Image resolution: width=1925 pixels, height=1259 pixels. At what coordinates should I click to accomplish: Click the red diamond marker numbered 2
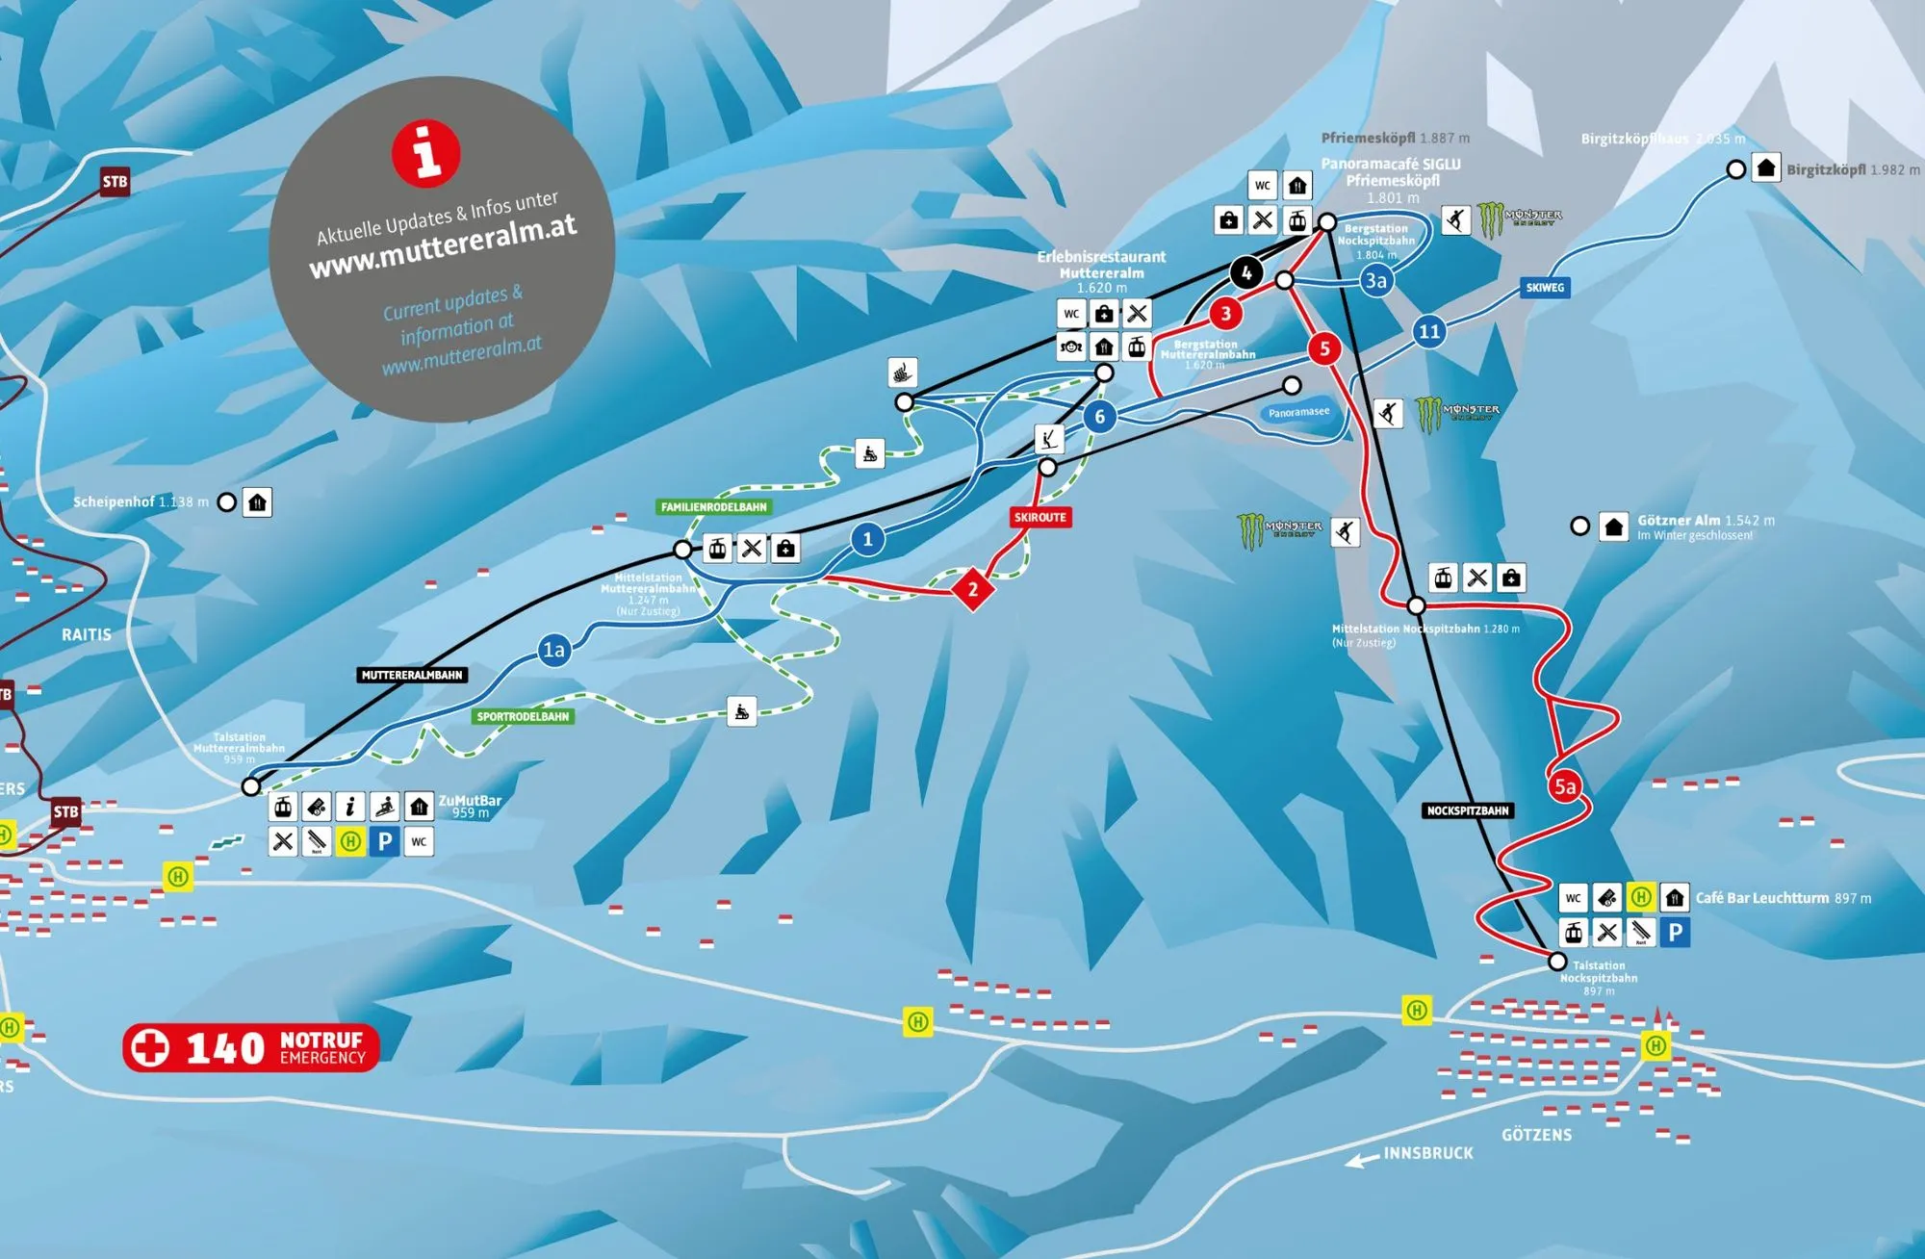(x=973, y=589)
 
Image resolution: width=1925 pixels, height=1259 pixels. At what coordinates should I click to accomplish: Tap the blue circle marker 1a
(x=554, y=650)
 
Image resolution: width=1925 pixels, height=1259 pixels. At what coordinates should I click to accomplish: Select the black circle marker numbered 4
(x=1246, y=272)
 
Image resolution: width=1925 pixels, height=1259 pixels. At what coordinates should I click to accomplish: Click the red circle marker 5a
(x=1565, y=786)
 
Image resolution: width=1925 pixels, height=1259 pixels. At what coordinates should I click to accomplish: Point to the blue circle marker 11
(x=1429, y=332)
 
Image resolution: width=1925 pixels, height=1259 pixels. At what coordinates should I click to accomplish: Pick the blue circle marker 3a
(x=1376, y=280)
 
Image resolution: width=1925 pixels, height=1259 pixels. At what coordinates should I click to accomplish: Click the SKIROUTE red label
(x=1039, y=517)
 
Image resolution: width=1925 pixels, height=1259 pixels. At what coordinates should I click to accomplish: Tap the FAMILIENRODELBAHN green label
(x=713, y=506)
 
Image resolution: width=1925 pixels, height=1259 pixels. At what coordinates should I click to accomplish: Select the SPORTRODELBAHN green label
(x=523, y=716)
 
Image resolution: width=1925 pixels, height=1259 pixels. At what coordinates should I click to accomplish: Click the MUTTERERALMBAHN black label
(x=412, y=675)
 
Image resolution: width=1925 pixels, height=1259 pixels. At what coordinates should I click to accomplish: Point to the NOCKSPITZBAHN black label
(x=1467, y=810)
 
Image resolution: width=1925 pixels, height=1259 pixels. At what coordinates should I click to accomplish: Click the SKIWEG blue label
(x=1545, y=287)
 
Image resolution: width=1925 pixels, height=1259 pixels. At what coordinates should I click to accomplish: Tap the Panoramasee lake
(x=1298, y=412)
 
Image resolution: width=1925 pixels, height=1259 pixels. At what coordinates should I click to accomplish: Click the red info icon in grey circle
(x=425, y=152)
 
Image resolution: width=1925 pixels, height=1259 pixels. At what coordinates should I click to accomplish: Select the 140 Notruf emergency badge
(x=251, y=1047)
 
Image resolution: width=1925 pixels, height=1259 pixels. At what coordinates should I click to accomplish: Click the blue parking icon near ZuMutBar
(x=384, y=841)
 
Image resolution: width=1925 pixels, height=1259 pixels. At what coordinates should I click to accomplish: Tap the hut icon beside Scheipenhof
(x=257, y=502)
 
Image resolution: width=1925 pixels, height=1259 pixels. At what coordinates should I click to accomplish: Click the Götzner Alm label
(x=1679, y=520)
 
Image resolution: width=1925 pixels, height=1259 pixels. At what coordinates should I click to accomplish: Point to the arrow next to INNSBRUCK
(x=1361, y=1161)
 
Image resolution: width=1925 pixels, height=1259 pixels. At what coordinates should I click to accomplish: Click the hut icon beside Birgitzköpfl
(x=1765, y=168)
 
